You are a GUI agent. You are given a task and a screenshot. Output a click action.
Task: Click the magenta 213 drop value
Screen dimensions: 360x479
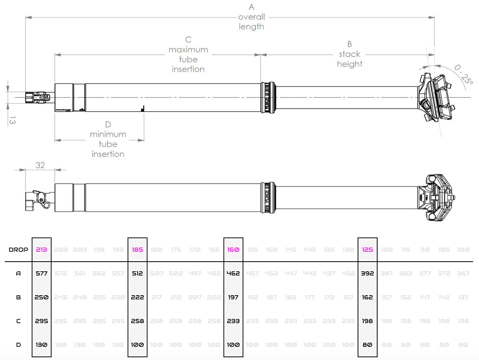[x=42, y=250]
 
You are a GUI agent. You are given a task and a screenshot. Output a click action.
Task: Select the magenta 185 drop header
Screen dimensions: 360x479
[x=137, y=250]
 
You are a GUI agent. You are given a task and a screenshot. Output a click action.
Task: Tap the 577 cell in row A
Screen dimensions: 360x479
[x=42, y=274]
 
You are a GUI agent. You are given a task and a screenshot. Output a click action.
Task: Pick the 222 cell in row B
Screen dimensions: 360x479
[x=137, y=297]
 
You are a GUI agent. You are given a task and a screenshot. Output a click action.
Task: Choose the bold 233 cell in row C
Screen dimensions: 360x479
[x=233, y=321]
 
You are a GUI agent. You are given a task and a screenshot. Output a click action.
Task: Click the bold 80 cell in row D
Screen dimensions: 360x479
[x=367, y=344]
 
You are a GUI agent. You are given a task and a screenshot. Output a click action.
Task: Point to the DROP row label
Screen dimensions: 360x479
[x=18, y=250]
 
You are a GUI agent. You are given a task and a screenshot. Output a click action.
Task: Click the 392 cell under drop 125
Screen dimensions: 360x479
[x=367, y=274]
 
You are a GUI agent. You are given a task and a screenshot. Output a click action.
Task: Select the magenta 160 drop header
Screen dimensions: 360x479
[x=233, y=250]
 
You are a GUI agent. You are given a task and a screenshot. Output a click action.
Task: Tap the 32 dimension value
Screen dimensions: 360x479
[x=40, y=164]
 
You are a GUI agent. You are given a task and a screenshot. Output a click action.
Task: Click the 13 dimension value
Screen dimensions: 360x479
[x=12, y=120]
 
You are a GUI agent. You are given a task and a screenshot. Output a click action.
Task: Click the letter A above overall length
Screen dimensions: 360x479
[x=251, y=7]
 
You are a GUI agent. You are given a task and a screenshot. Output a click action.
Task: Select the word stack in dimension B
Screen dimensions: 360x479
[x=349, y=54]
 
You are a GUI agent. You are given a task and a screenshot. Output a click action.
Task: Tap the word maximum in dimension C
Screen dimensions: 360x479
[x=188, y=50]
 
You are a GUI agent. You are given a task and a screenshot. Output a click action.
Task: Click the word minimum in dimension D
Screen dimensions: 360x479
[x=108, y=134]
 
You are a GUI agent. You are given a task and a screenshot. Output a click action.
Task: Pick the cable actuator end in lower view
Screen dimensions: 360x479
[x=36, y=198]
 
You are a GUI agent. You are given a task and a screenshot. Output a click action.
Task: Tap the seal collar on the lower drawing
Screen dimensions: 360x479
[x=268, y=197]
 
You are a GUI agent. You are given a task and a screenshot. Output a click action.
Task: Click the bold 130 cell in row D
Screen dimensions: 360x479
[x=42, y=344]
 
